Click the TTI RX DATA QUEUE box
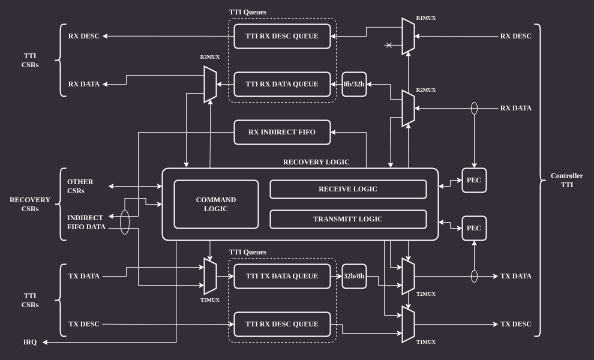coord(282,84)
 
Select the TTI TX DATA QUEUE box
coord(282,276)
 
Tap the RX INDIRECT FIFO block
coord(282,132)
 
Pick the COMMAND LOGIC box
coord(216,204)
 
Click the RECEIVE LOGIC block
coord(348,189)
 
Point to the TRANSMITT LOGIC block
coord(348,219)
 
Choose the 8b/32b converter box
coord(354,84)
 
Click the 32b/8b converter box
coord(354,276)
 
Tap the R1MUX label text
coord(426,18)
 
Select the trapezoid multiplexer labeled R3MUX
coord(210,84)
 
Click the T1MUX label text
coord(426,342)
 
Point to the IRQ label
coord(30,342)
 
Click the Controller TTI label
coord(566,180)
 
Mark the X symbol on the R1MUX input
coord(389,45)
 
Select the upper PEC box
coord(474,180)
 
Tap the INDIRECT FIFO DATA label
coord(86,222)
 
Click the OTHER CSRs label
coord(80,186)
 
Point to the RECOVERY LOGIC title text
coord(316,162)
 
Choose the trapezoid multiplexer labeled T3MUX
coord(210,276)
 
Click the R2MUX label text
coord(426,90)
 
